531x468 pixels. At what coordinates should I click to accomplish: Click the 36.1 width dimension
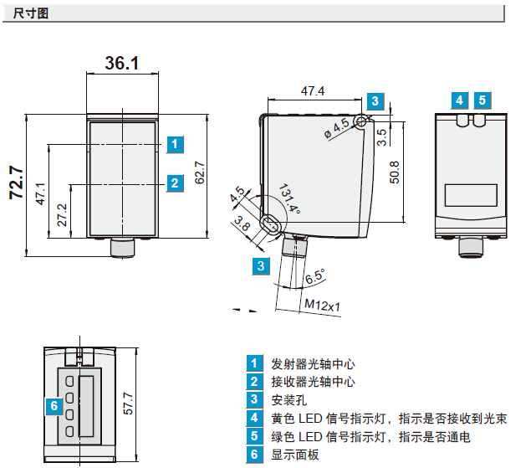pyautogui.click(x=121, y=64)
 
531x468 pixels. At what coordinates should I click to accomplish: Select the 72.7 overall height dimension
pyautogui.click(x=16, y=183)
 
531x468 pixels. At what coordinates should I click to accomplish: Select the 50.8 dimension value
pyautogui.click(x=394, y=172)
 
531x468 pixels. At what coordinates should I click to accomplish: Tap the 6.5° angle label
pyautogui.click(x=315, y=275)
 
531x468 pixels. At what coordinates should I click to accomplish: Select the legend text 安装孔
pyautogui.click(x=289, y=400)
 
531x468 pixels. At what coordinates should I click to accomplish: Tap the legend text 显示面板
pyautogui.click(x=295, y=455)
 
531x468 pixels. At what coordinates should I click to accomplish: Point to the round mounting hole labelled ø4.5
pyautogui.click(x=360, y=122)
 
